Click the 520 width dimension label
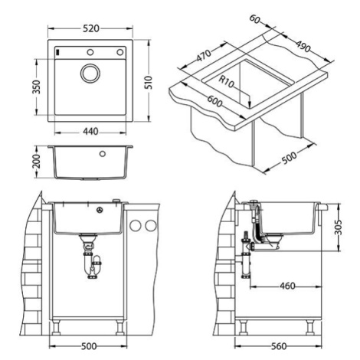[91, 28]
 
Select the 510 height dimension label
[149, 82]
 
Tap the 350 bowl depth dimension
[37, 87]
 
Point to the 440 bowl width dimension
[90, 132]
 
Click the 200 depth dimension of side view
[37, 161]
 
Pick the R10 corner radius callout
[226, 82]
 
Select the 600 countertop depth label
[214, 101]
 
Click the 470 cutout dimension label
[204, 56]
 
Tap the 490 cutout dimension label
[303, 46]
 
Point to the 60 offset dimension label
[254, 19]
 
